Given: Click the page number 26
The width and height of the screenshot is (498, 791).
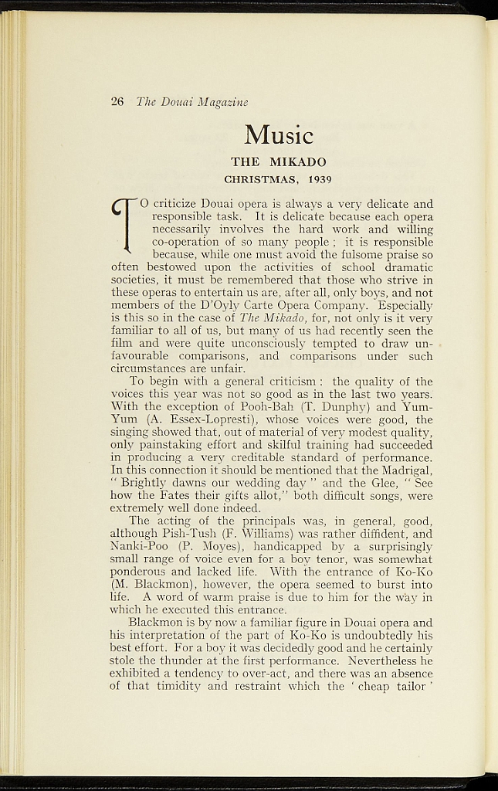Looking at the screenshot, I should (117, 101).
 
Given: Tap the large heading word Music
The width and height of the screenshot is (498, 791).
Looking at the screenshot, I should (279, 135).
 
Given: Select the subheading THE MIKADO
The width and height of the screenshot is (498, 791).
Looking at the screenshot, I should (279, 162).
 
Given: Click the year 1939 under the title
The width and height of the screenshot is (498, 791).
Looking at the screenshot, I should (319, 180).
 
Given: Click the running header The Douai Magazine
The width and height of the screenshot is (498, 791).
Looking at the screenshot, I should (191, 102).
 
